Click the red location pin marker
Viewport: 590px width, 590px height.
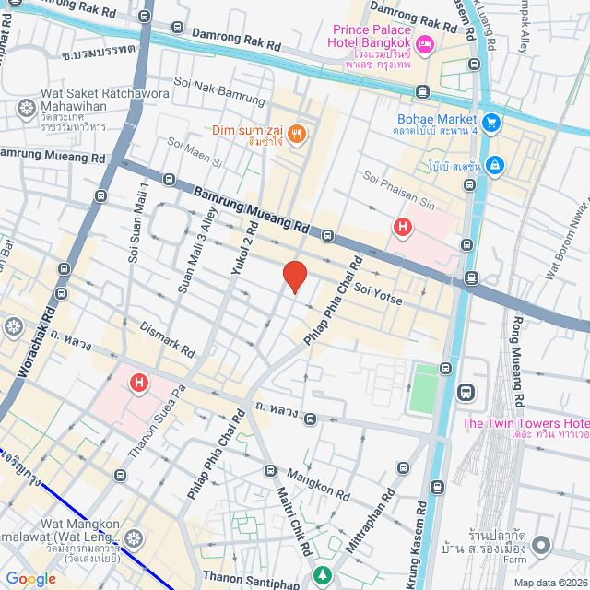294,277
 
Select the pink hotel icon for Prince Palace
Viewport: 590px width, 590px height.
425,43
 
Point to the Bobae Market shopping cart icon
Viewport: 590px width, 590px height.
492,121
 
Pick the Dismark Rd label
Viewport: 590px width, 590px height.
167,339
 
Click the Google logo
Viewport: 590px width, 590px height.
30,578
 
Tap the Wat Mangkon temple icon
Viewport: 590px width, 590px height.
134,537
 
